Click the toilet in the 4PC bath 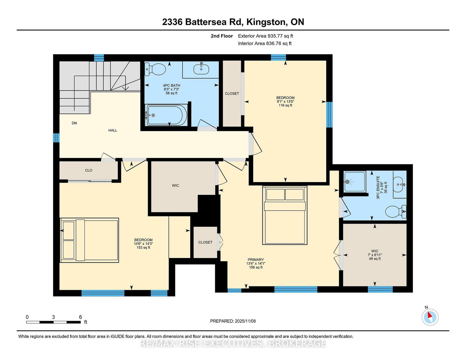155,69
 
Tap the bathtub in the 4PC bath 166,115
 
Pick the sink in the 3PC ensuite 400,185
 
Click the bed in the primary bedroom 285,215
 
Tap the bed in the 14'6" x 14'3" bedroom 89,240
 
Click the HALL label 113,130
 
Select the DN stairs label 74,123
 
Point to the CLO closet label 89,170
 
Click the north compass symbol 430,317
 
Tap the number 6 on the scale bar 80,317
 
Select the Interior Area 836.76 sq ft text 265,43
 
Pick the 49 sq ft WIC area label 375,259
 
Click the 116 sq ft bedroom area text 285,105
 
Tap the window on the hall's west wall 56,138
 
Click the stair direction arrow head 126,88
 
